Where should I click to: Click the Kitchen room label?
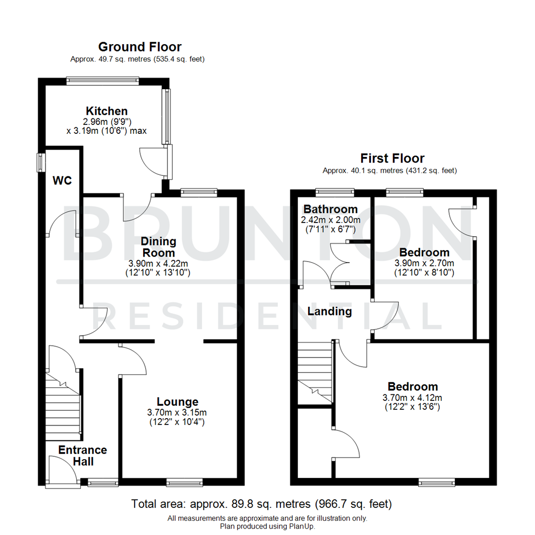pyautogui.click(x=107, y=110)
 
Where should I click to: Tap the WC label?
pyautogui.click(x=63, y=180)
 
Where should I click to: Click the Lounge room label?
pyautogui.click(x=177, y=402)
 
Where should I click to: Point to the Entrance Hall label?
pyautogui.click(x=82, y=455)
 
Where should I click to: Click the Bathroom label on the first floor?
pyautogui.click(x=330, y=209)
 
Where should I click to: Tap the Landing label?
pyautogui.click(x=329, y=312)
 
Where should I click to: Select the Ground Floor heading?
pyautogui.click(x=140, y=47)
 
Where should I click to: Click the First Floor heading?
pyautogui.click(x=392, y=159)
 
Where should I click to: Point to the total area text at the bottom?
pyautogui.click(x=262, y=504)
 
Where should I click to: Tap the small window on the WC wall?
pyautogui.click(x=40, y=162)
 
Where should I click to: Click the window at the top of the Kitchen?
pyautogui.click(x=103, y=81)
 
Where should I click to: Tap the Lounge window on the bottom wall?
pyautogui.click(x=184, y=481)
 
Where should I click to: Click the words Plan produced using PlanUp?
pyautogui.click(x=267, y=526)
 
